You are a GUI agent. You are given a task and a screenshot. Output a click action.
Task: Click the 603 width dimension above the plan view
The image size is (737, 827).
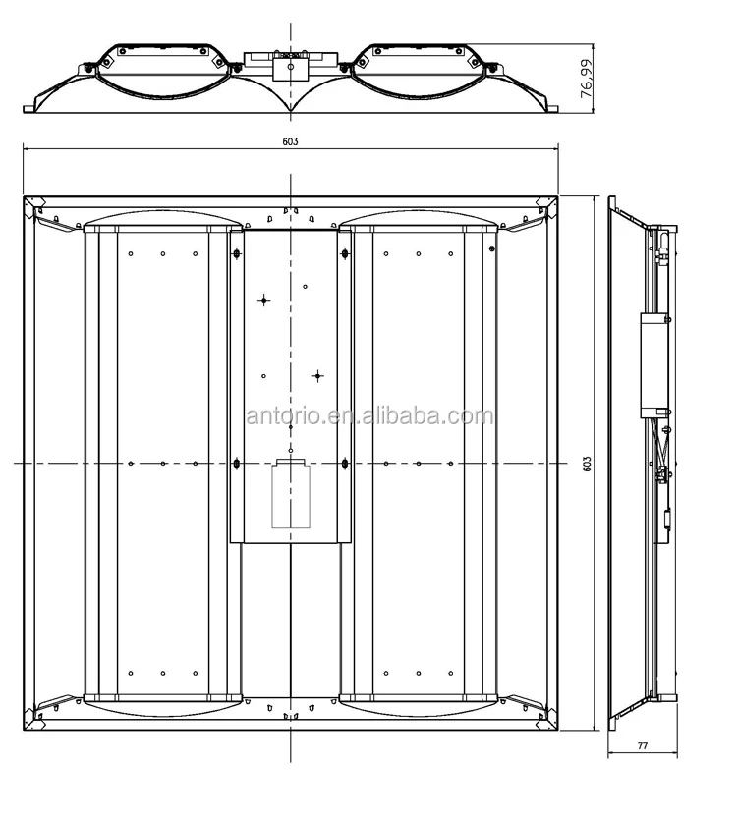point(290,141)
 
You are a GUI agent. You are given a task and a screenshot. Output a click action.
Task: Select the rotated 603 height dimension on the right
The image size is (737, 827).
point(587,463)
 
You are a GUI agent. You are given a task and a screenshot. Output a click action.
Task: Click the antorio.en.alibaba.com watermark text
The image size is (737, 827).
point(369,416)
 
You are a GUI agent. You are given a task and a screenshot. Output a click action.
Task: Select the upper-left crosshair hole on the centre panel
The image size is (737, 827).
point(263,299)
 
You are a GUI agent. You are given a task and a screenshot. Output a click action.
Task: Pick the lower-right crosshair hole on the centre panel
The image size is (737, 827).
point(317,375)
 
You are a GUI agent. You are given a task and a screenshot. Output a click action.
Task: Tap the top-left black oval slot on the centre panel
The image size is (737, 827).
point(236,255)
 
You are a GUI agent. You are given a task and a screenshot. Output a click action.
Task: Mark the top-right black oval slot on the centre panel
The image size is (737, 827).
point(345,255)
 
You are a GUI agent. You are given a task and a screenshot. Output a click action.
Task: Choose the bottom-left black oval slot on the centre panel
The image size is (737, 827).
point(236,464)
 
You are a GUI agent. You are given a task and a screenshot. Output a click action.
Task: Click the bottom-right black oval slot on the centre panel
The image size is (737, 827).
point(345,464)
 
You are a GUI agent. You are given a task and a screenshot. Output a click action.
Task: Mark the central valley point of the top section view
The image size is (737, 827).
point(290,110)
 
